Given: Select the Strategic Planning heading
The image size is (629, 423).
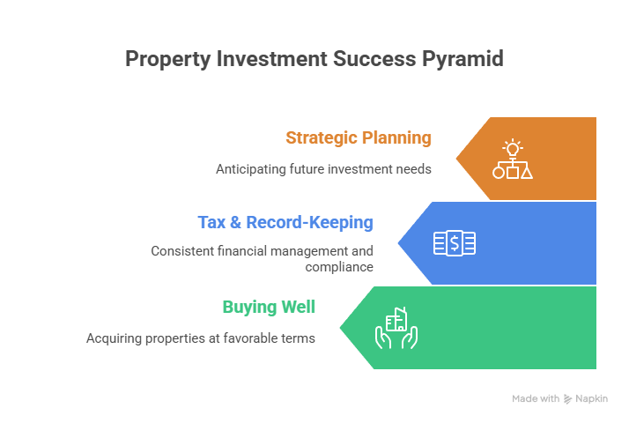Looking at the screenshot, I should [x=359, y=138].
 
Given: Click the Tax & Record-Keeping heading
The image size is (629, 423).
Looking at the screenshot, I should [x=285, y=223].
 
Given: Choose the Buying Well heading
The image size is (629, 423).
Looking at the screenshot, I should [x=269, y=308].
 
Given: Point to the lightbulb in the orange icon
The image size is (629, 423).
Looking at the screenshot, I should [x=512, y=147].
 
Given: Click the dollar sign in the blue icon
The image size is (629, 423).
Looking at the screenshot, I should [x=455, y=243].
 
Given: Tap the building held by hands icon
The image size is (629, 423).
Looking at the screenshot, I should [x=396, y=327].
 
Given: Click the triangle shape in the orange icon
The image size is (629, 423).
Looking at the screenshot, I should [x=527, y=173].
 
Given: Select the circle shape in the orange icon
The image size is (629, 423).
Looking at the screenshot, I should [x=499, y=173].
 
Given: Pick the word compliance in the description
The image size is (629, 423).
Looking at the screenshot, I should [x=339, y=267].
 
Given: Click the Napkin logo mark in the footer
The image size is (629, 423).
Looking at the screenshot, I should [x=568, y=399].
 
